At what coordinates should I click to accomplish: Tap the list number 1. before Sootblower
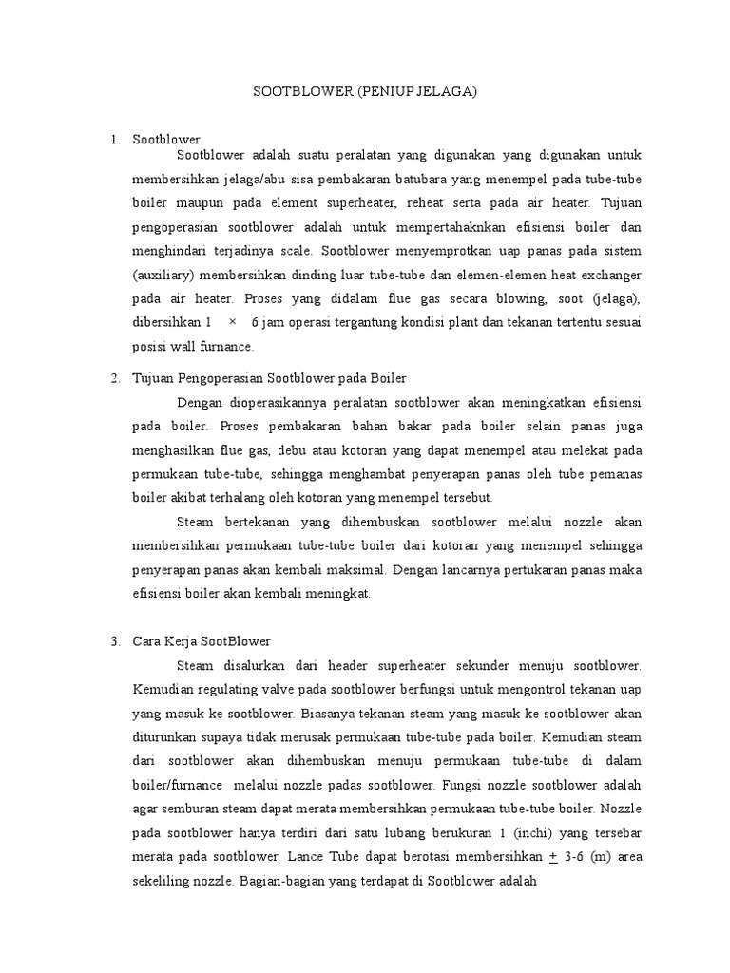(x=115, y=140)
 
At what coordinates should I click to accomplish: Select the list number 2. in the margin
(x=115, y=379)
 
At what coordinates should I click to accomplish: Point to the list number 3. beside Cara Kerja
(x=115, y=641)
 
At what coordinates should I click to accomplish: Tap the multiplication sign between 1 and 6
(x=233, y=323)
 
